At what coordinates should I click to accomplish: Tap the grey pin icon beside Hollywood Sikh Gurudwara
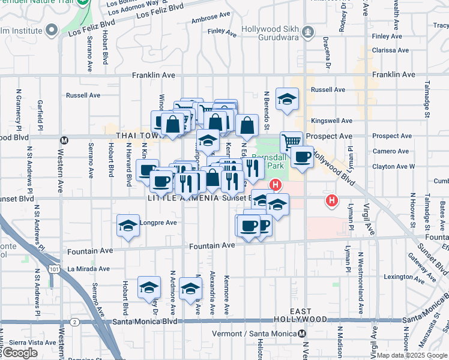(309, 30)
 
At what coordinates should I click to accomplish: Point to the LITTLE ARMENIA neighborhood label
(184, 197)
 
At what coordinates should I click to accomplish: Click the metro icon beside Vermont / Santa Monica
(303, 334)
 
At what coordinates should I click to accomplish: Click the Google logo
(20, 353)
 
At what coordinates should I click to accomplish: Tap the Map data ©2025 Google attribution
(412, 355)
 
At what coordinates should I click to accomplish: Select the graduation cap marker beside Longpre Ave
(128, 226)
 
